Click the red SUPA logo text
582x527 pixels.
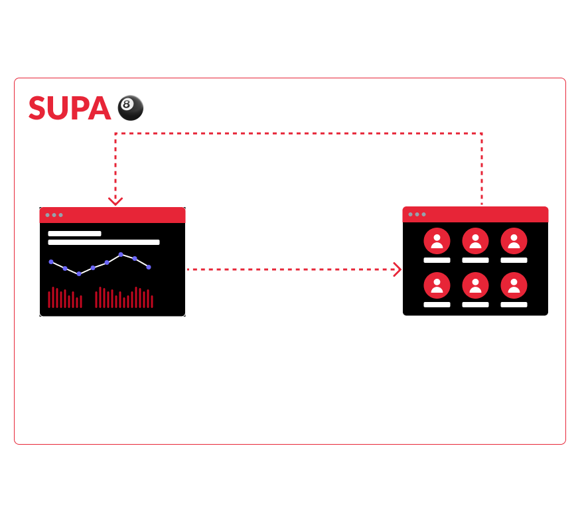pyautogui.click(x=69, y=108)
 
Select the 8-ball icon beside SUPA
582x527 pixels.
pyautogui.click(x=130, y=108)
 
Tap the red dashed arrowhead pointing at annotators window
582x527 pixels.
pyautogui.click(x=398, y=269)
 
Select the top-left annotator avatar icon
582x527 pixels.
pyautogui.click(x=437, y=241)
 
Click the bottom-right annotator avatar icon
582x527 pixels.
pyautogui.click(x=514, y=286)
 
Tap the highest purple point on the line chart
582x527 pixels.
pyautogui.click(x=121, y=254)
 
